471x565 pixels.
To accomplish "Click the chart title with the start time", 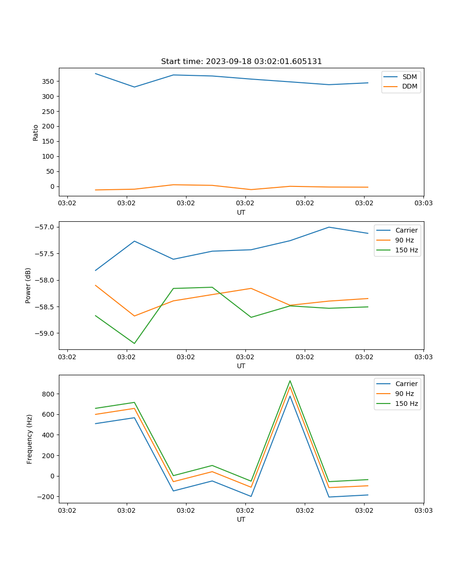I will coord(241,62).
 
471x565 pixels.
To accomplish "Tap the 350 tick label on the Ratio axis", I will coord(49,81).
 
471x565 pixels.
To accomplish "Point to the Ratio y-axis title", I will coord(36,132).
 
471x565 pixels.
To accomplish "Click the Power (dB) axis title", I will coord(28,285).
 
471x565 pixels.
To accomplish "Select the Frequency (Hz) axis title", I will coord(29,439).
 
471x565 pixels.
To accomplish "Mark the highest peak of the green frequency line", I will coord(290,381).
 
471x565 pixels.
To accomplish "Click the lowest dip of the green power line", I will coord(134,343).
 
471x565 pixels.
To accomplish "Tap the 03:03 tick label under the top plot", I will coord(423,203).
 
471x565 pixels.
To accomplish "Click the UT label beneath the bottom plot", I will coord(241,519).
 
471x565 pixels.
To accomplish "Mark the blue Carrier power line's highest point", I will coord(329,227).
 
